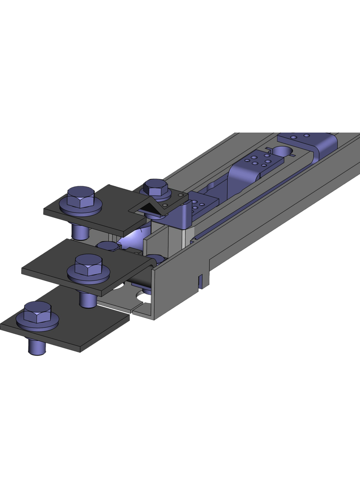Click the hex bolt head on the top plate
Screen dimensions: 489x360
tap(81, 199)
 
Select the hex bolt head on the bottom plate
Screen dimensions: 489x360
tap(36, 314)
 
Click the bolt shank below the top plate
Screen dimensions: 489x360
tap(81, 232)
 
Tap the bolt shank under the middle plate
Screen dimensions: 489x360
tap(87, 299)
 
